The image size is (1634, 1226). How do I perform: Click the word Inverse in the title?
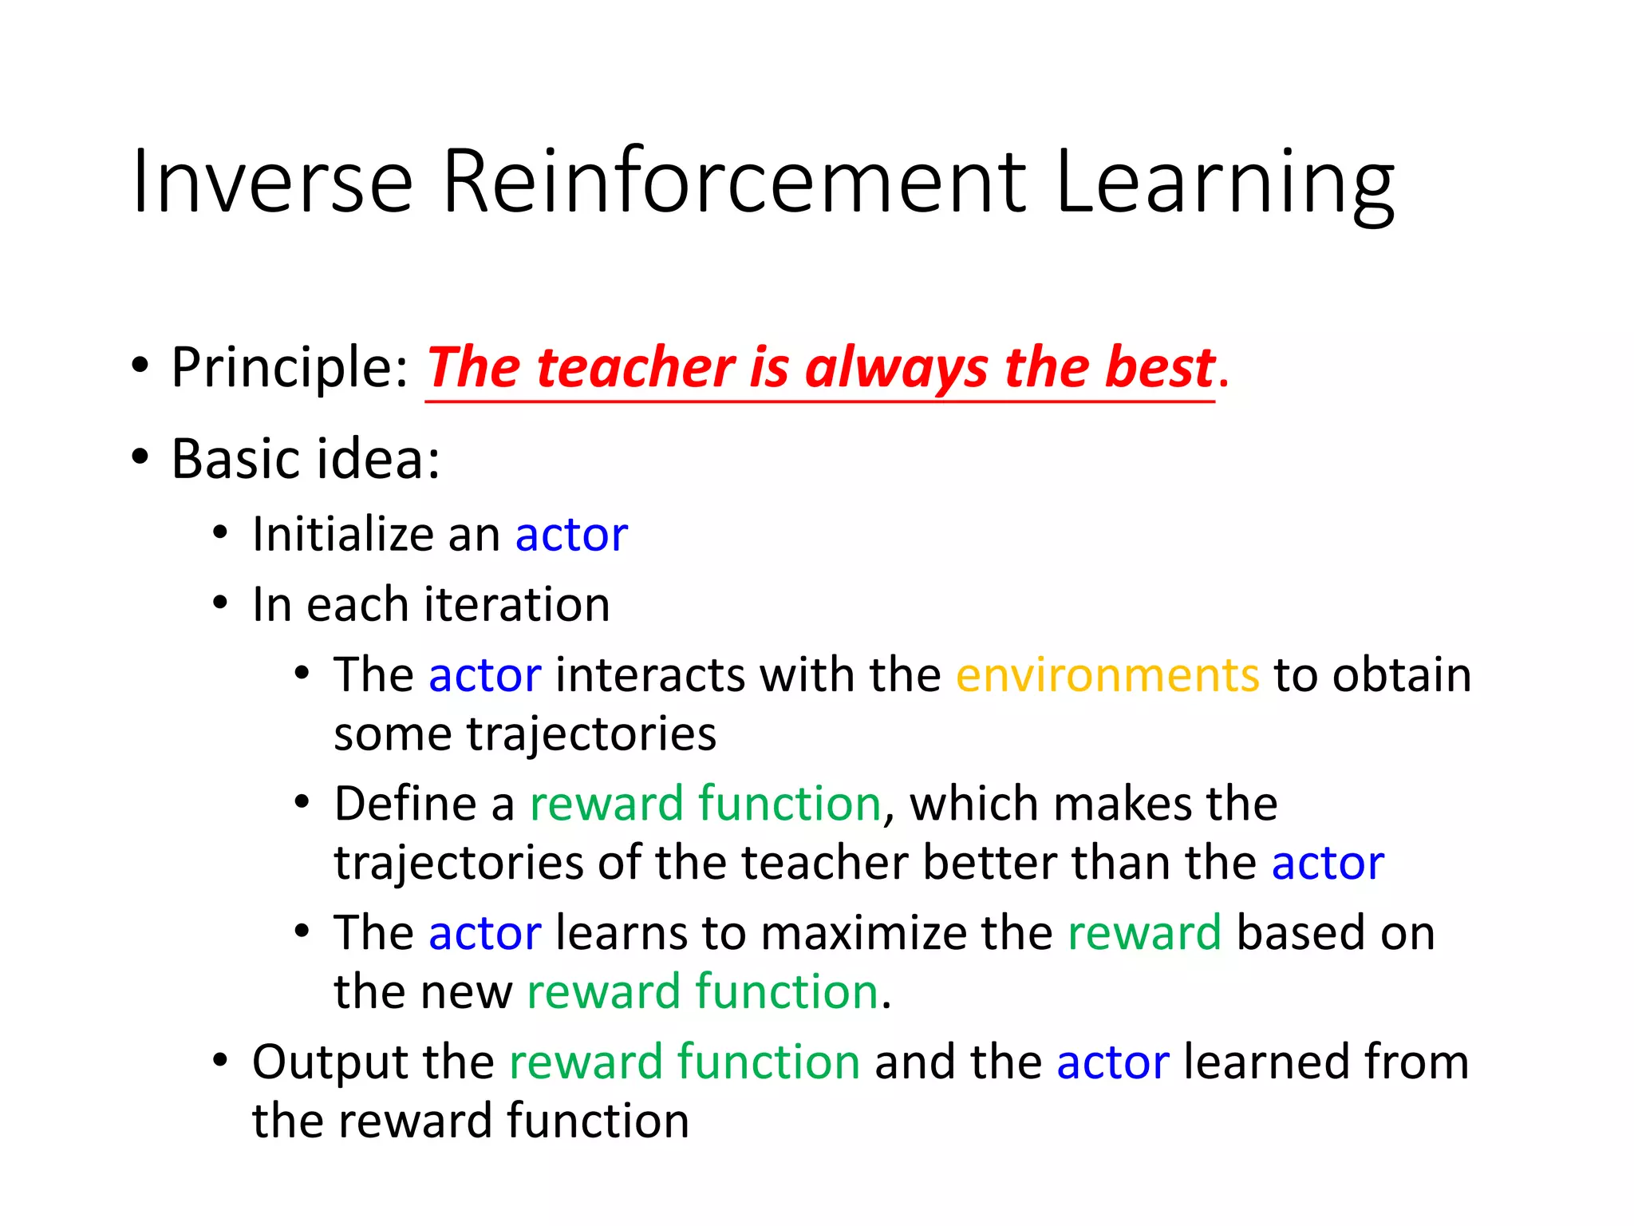(x=272, y=182)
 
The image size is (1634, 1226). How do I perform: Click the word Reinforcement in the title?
(x=733, y=182)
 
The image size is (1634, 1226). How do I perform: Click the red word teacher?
(x=635, y=369)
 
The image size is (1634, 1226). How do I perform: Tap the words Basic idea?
(x=306, y=459)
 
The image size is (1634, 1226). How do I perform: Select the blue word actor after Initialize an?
(x=571, y=536)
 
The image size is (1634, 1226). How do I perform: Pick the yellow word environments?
(x=1107, y=675)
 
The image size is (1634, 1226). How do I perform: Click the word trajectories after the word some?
(x=590, y=734)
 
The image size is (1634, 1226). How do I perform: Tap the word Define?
(x=405, y=803)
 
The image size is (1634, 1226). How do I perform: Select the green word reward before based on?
(x=1144, y=933)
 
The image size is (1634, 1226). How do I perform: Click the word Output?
(x=330, y=1062)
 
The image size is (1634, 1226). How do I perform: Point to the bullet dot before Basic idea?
(x=140, y=457)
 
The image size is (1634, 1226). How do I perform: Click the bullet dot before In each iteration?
(x=221, y=603)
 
